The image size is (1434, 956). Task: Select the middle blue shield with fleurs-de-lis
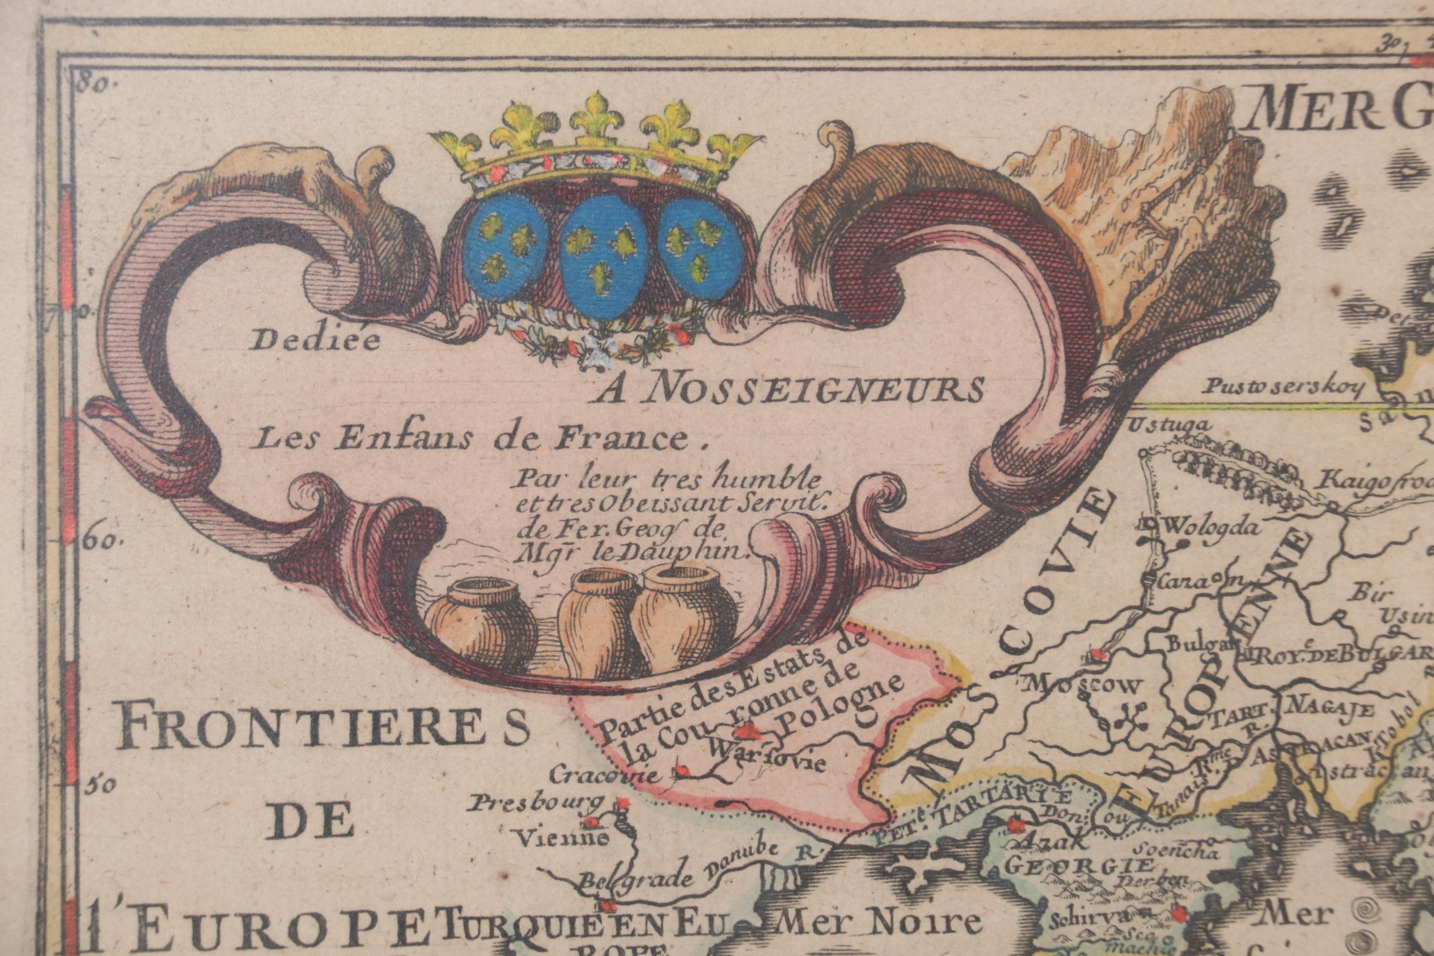pos(604,250)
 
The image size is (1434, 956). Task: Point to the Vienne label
pos(562,839)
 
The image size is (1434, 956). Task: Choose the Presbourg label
pos(536,804)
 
